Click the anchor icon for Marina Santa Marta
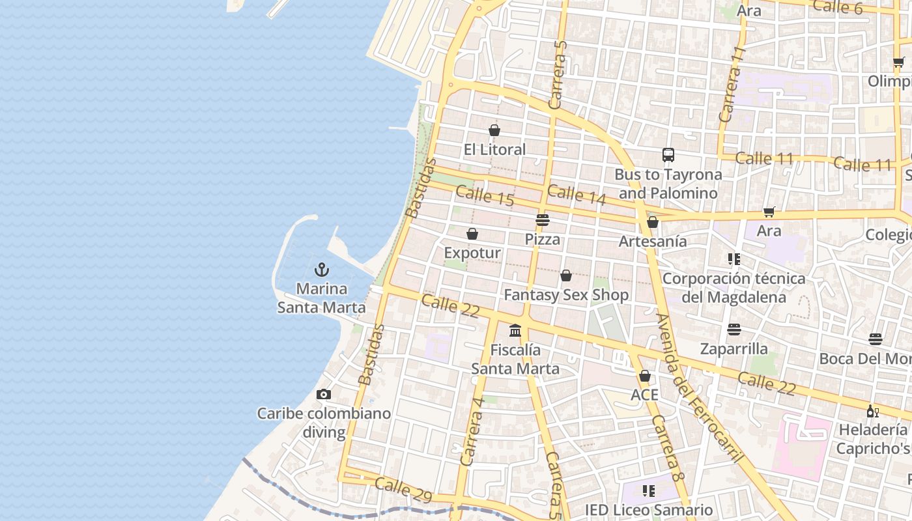(x=321, y=269)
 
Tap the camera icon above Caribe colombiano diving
(x=323, y=394)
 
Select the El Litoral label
(x=494, y=149)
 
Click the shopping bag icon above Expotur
(x=472, y=234)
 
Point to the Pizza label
(x=543, y=239)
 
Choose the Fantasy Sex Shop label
(x=566, y=295)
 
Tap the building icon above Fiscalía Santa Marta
(x=515, y=331)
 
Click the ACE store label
(x=644, y=395)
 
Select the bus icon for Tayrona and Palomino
(x=668, y=155)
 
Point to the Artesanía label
(x=653, y=241)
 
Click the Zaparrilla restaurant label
(x=734, y=348)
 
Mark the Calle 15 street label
(x=485, y=195)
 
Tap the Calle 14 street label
(x=577, y=195)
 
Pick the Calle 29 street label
(x=403, y=490)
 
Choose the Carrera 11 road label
(x=731, y=84)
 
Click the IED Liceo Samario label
(x=648, y=510)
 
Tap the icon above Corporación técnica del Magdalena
(x=734, y=259)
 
